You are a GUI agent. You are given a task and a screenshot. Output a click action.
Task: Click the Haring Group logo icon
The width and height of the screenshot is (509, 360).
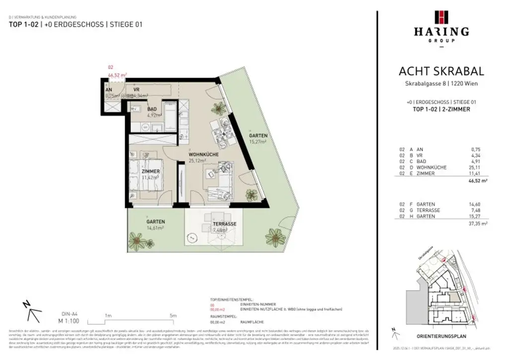[441, 16]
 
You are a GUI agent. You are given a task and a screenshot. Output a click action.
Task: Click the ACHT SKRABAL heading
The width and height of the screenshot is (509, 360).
[441, 72]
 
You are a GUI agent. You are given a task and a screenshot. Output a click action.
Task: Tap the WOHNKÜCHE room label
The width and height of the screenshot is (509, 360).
[204, 155]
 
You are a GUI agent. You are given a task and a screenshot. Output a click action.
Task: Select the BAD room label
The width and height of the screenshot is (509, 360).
[152, 109]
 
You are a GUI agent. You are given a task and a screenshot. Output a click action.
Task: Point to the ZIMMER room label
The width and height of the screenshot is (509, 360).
[150, 172]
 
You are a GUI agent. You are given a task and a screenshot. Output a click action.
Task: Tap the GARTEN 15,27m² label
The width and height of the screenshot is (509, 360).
[258, 136]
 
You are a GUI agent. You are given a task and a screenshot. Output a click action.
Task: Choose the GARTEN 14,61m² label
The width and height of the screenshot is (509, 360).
[156, 222]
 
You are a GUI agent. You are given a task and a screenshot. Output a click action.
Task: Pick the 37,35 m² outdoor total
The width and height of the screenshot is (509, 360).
[478, 224]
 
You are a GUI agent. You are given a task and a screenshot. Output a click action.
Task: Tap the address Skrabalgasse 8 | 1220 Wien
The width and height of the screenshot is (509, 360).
[441, 84]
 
